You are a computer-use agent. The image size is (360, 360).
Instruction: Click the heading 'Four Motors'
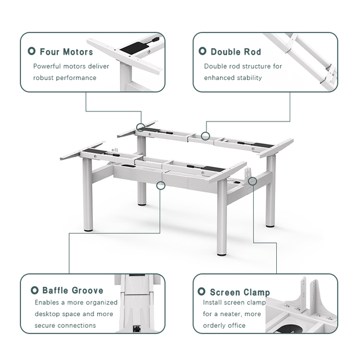pyautogui.click(x=66, y=52)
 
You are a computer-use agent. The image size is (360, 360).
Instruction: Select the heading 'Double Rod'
pyautogui.click(x=236, y=52)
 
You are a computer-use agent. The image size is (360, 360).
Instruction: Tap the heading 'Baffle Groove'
pyautogui.click(x=73, y=290)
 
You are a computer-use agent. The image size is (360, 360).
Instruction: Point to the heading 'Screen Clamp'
pyautogui.click(x=240, y=292)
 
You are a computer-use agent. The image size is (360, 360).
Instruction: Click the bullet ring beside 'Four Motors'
pyautogui.click(x=32, y=52)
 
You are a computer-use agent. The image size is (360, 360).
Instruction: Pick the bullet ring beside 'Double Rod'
pyautogui.click(x=202, y=52)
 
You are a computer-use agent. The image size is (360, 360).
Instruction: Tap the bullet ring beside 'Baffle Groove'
pyautogui.click(x=34, y=290)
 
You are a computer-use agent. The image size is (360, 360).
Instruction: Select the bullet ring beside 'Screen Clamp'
pyautogui.click(x=201, y=292)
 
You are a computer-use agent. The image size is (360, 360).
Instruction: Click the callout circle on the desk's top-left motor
pyautogui.click(x=140, y=128)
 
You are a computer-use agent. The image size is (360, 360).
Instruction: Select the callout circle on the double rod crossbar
pyautogui.click(x=206, y=136)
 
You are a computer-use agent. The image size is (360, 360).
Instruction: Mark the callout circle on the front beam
pyautogui.click(x=161, y=185)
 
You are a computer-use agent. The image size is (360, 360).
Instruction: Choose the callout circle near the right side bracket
pyautogui.click(x=253, y=181)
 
